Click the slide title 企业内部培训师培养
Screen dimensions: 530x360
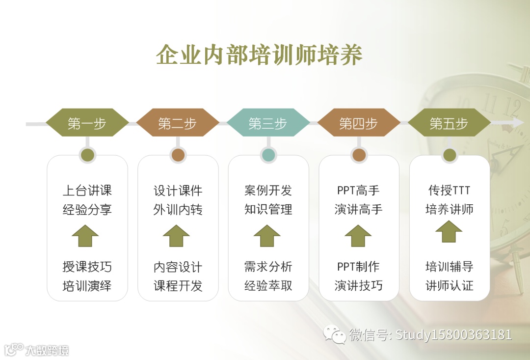click(x=259, y=55)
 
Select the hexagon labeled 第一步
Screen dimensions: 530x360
click(x=87, y=123)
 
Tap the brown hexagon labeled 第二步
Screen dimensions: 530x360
click(x=177, y=123)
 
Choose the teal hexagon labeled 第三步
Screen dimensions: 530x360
click(x=268, y=123)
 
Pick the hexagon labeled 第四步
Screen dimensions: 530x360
click(x=358, y=123)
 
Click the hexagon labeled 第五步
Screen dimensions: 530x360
click(x=449, y=123)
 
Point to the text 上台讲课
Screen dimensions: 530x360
click(x=87, y=190)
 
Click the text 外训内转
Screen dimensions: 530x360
click(x=178, y=210)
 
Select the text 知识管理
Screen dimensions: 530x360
click(x=268, y=210)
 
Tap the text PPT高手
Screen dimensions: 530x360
click(x=358, y=190)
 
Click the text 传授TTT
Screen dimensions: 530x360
click(x=449, y=190)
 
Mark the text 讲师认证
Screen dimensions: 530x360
click(x=449, y=285)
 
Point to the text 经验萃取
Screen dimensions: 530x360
click(x=268, y=285)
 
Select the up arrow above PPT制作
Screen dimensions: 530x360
click(x=358, y=236)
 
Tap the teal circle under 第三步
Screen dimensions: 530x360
click(x=268, y=155)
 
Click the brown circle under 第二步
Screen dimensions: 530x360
click(x=178, y=155)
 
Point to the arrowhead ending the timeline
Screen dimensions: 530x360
click(x=518, y=123)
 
